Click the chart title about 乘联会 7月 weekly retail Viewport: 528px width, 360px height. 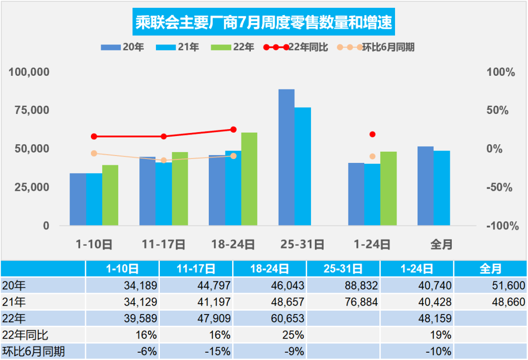[x=264, y=22]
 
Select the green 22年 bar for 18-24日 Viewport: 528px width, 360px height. [x=249, y=179]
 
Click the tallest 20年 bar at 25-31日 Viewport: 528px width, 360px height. [x=286, y=157]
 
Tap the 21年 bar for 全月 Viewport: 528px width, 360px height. [x=442, y=188]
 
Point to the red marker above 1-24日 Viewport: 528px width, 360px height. [x=373, y=134]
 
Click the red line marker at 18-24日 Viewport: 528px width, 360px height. [x=233, y=130]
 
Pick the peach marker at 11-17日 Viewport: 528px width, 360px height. [x=164, y=160]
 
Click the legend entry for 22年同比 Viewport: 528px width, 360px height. [x=296, y=47]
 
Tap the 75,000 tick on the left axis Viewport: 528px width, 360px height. [x=30, y=111]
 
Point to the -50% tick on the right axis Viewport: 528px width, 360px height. [x=500, y=187]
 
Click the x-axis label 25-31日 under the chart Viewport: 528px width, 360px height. [x=303, y=244]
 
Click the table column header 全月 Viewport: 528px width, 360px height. [x=490, y=269]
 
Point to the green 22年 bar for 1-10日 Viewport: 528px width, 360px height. [x=110, y=195]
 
